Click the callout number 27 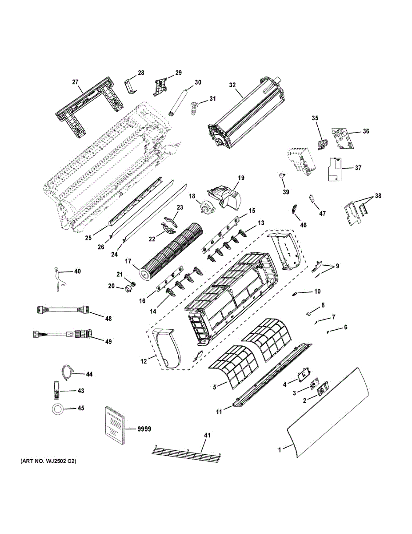click(x=75, y=82)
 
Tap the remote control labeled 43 click(x=56, y=391)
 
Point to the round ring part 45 click(x=58, y=409)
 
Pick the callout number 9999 click(x=144, y=429)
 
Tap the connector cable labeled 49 click(x=62, y=334)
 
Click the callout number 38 click(x=378, y=195)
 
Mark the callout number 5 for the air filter click(x=215, y=387)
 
